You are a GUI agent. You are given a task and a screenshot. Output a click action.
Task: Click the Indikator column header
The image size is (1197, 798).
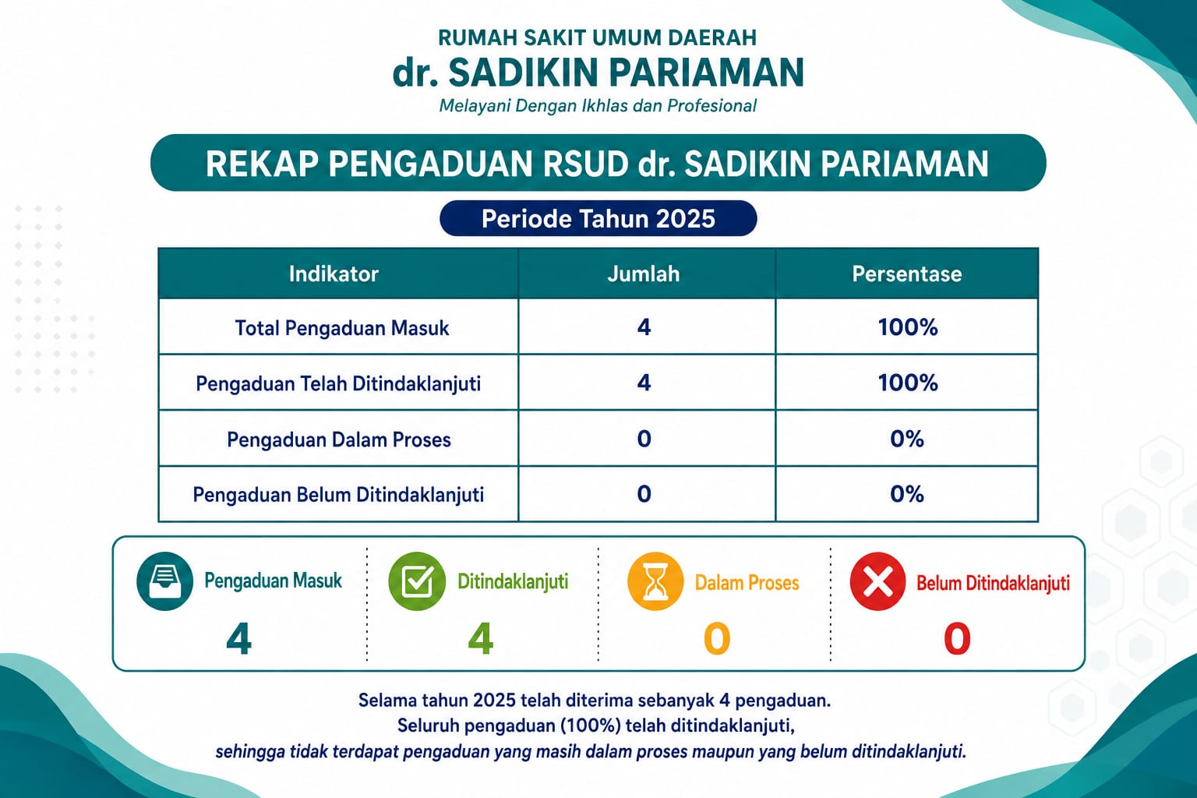[334, 274]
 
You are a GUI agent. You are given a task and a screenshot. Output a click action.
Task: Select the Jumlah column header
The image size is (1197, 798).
[644, 274]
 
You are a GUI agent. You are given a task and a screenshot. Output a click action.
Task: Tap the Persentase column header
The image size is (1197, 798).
[907, 274]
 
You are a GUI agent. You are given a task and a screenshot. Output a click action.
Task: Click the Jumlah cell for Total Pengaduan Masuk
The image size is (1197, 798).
[644, 327]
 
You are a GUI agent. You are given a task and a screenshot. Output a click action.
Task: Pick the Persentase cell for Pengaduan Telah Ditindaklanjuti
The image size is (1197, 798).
[907, 383]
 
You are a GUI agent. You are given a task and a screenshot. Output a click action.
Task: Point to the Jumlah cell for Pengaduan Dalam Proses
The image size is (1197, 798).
[644, 438]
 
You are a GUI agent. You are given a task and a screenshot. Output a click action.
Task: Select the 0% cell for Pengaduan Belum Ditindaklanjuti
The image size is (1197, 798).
[907, 494]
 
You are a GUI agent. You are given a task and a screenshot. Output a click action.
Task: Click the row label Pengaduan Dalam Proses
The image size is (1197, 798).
[339, 440]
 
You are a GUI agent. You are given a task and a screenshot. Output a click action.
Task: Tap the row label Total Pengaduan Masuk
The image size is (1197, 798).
[342, 327]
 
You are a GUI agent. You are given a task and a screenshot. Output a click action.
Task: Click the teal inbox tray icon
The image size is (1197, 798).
[164, 581]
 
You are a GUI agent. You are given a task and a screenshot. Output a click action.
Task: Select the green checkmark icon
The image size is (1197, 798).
[417, 581]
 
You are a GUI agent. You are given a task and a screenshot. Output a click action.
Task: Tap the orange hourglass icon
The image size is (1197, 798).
[655, 581]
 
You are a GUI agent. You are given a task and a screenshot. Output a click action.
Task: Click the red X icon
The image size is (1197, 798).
[877, 581]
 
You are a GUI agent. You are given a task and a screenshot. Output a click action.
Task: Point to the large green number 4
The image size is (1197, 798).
[480, 639]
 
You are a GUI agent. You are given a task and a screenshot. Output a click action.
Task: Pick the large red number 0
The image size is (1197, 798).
[956, 639]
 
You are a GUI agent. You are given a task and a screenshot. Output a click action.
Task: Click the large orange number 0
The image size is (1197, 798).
[717, 639]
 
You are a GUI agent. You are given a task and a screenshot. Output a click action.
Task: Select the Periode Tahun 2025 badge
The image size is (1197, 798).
[598, 218]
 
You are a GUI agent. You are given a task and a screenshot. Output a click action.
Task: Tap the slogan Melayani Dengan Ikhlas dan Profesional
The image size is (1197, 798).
[598, 106]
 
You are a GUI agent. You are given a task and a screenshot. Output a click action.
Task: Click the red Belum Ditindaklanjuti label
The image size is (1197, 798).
[993, 583]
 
